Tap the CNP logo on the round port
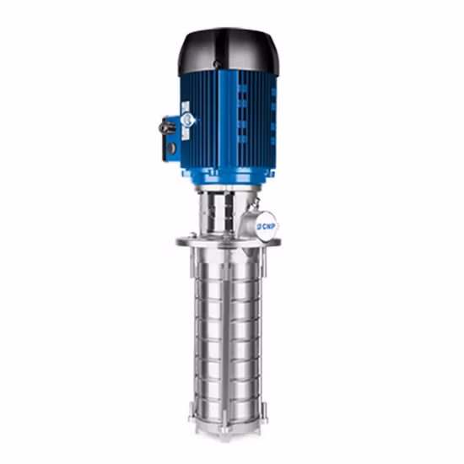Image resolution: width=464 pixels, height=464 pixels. (269, 225)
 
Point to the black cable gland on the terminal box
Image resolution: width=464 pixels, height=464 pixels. (164, 128)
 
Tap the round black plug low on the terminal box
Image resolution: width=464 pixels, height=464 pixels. (172, 148)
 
